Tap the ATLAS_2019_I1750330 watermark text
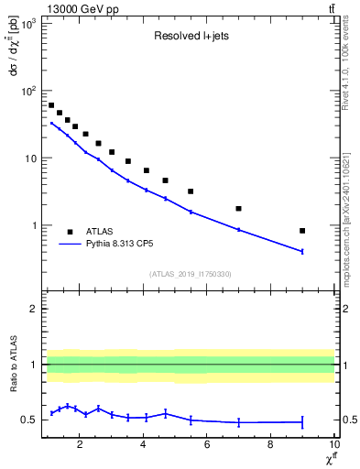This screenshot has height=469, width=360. pos(191,274)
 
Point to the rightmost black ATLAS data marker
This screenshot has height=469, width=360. pos(302,231)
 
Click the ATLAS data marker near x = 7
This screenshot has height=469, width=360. pos(239,209)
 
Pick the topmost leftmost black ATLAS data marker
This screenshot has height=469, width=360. pos(51,105)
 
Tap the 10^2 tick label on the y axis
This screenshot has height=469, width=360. pos(29,91)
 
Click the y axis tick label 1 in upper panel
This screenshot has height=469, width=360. pos(35,225)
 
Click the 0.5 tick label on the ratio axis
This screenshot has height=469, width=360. pos(31,420)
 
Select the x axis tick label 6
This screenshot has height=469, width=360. pos(207,445)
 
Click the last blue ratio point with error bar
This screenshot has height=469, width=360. pos(302,422)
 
